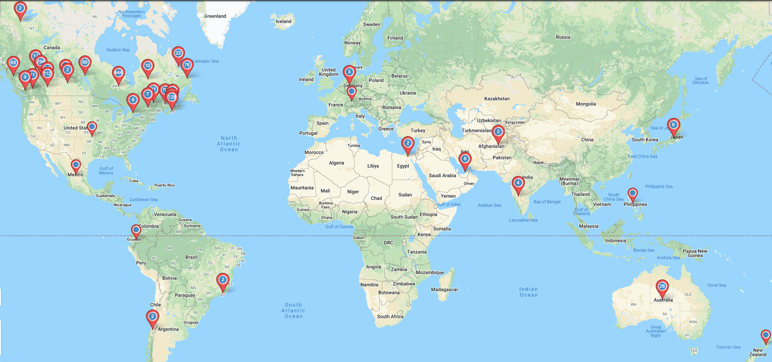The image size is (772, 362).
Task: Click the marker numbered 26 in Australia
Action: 662,287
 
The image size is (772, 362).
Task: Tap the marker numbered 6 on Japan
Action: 673,125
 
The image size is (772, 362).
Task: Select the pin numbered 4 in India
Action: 518,183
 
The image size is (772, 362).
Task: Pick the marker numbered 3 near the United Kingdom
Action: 349,72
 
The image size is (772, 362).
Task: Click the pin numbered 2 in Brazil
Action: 223,280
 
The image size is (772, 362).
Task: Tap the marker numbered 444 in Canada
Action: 118,73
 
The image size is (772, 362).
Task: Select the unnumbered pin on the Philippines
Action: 632,194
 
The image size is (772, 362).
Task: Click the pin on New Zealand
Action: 765,336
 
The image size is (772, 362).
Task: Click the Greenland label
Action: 215,16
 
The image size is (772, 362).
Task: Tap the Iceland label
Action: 283,21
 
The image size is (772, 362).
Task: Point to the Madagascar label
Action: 444,290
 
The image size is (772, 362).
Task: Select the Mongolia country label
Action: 586,104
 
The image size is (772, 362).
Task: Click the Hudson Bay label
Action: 118,50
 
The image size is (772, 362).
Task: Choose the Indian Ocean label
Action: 528,292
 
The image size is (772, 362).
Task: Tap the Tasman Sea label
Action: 728,347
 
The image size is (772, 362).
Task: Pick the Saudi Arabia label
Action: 442,176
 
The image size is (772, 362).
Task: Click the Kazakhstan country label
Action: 497,99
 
